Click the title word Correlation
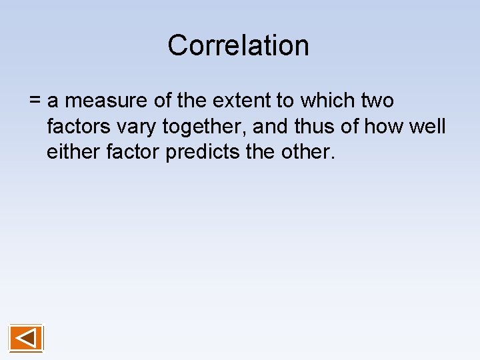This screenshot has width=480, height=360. (238, 45)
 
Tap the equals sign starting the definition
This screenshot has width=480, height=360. (35, 101)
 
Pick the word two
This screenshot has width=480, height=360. (377, 101)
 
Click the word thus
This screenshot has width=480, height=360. (319, 127)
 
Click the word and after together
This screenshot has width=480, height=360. (272, 127)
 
